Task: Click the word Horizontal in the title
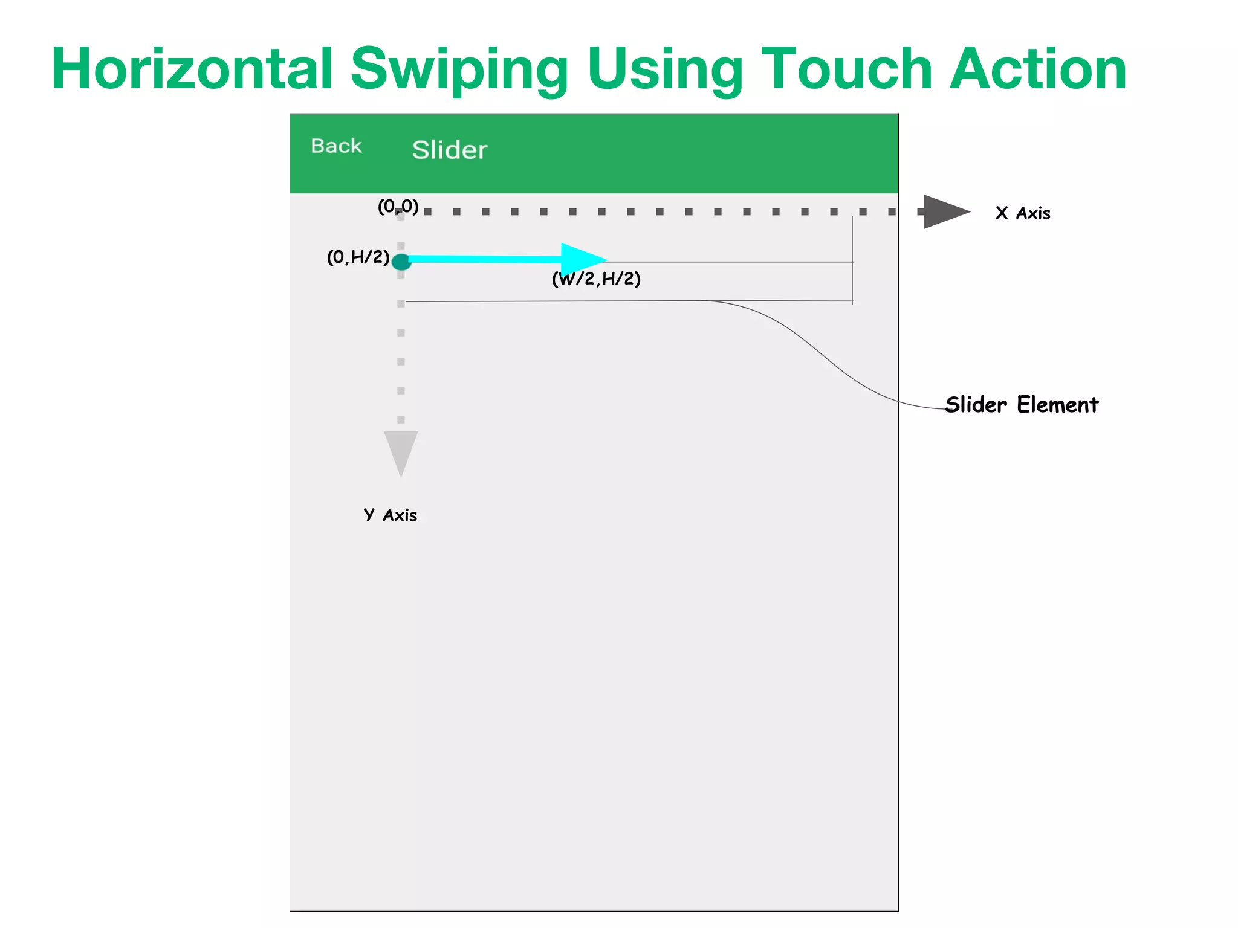pyautogui.click(x=193, y=69)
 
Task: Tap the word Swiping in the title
pyautogui.click(x=459, y=70)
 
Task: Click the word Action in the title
pyautogui.click(x=1038, y=69)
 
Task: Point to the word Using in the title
pyautogui.click(x=665, y=70)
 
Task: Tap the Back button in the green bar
pyautogui.click(x=336, y=146)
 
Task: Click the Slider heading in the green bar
pyautogui.click(x=449, y=150)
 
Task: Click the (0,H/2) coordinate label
pyautogui.click(x=358, y=257)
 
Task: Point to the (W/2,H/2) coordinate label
pyautogui.click(x=596, y=279)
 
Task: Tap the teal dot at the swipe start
pyautogui.click(x=401, y=262)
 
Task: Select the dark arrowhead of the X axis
pyautogui.click(x=944, y=211)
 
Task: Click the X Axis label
pyautogui.click(x=1023, y=213)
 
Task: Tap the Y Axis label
pyautogui.click(x=391, y=515)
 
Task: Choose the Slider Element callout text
pyautogui.click(x=1022, y=405)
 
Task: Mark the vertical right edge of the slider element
pyautogui.click(x=852, y=260)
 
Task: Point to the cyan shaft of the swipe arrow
pyautogui.click(x=484, y=259)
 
